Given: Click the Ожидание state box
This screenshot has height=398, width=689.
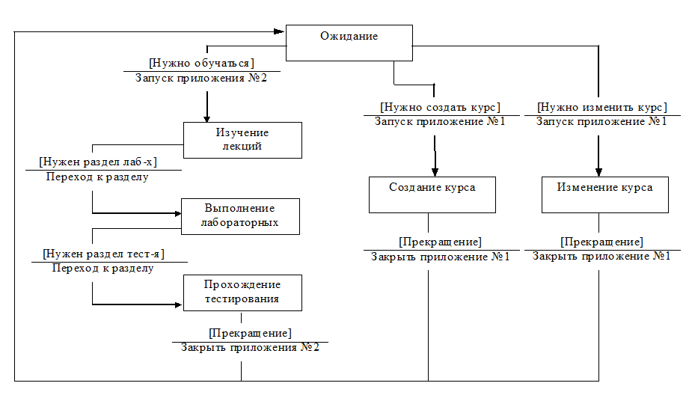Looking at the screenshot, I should [x=349, y=43].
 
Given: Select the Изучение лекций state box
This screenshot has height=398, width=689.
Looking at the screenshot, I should [x=242, y=140].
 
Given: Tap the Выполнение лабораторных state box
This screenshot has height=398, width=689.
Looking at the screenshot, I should [x=240, y=215].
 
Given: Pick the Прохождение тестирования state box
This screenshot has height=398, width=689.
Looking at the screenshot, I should [x=242, y=292].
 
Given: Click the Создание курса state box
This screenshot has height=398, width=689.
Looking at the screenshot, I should [x=432, y=194].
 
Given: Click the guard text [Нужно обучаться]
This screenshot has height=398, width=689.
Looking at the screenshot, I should [x=201, y=62].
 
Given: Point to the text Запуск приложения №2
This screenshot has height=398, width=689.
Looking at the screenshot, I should [x=201, y=78].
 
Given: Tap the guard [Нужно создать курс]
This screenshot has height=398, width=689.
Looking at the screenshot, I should [x=440, y=106].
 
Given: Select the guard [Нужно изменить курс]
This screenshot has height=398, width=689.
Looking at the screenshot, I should [x=601, y=106].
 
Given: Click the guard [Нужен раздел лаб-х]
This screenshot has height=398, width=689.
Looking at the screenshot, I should [x=97, y=162].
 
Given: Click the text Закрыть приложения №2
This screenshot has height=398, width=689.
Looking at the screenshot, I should [x=250, y=347].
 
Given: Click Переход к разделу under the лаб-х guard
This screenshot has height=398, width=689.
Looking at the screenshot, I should [x=97, y=177].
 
